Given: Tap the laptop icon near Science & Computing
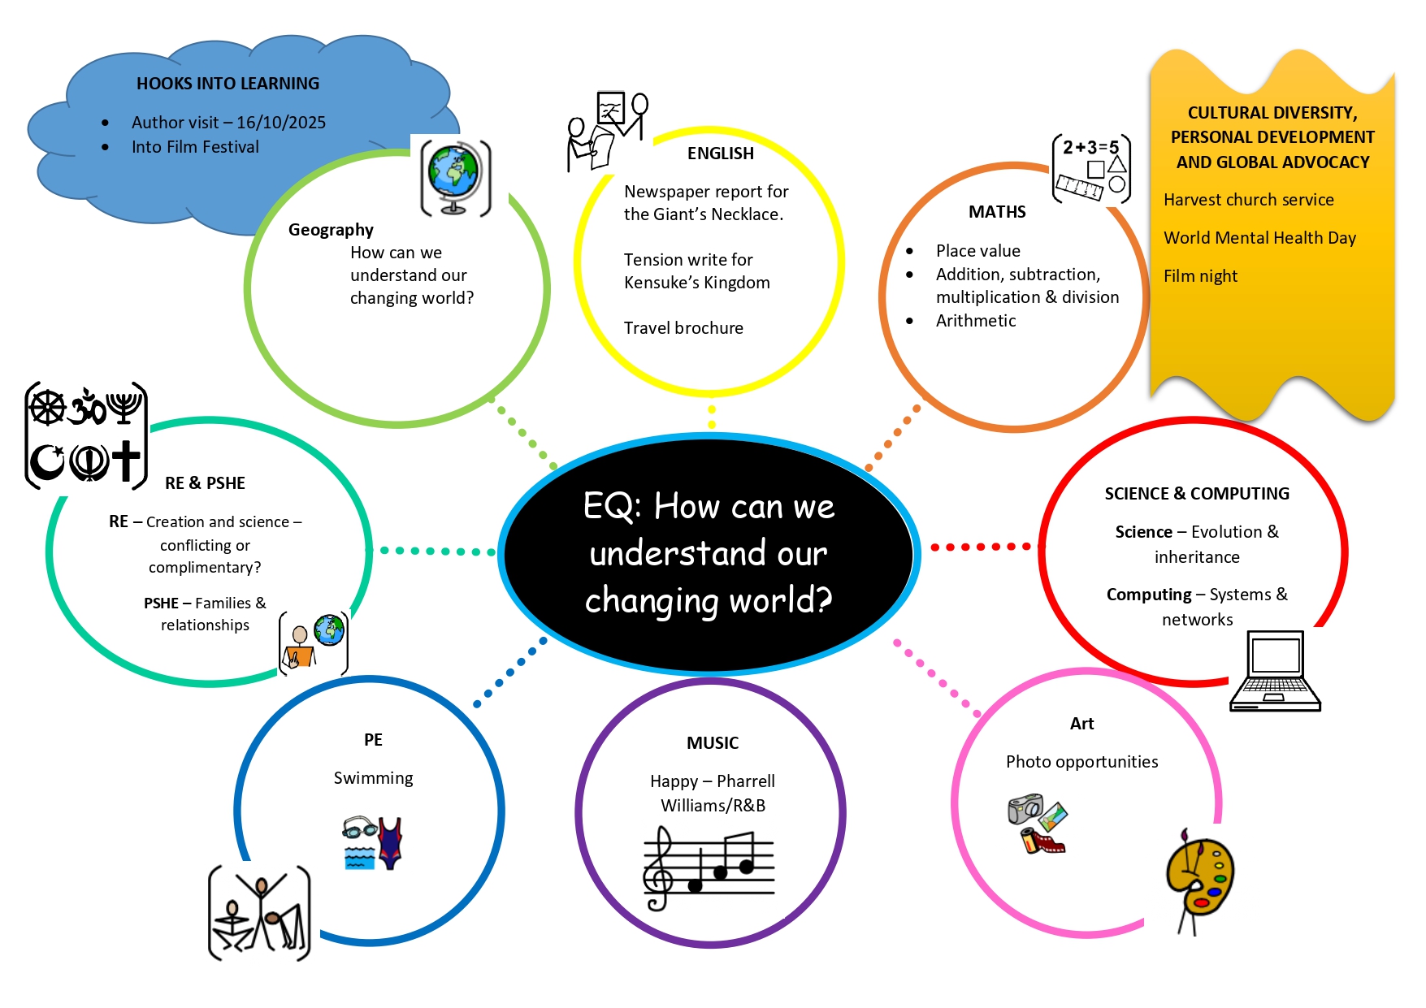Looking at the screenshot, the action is [1275, 671].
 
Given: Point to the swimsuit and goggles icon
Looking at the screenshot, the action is [373, 843].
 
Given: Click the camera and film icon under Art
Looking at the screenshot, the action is [1038, 824].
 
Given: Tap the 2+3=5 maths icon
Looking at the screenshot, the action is [1090, 168].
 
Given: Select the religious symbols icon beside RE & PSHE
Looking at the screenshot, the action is [86, 435].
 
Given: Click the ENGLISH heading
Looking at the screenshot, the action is [721, 154].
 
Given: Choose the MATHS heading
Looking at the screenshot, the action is [997, 212].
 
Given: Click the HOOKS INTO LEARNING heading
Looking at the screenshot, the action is [228, 84].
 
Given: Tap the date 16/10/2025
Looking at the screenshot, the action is [281, 123].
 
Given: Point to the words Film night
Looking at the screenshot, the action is [1200, 276].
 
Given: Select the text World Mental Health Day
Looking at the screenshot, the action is [1259, 238].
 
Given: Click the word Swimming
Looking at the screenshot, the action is [373, 778].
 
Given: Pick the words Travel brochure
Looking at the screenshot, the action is [683, 328].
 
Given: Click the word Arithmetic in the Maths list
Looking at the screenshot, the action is [975, 321].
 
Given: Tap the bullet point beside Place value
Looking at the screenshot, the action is [909, 252].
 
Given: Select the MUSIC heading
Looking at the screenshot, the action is [713, 743].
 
